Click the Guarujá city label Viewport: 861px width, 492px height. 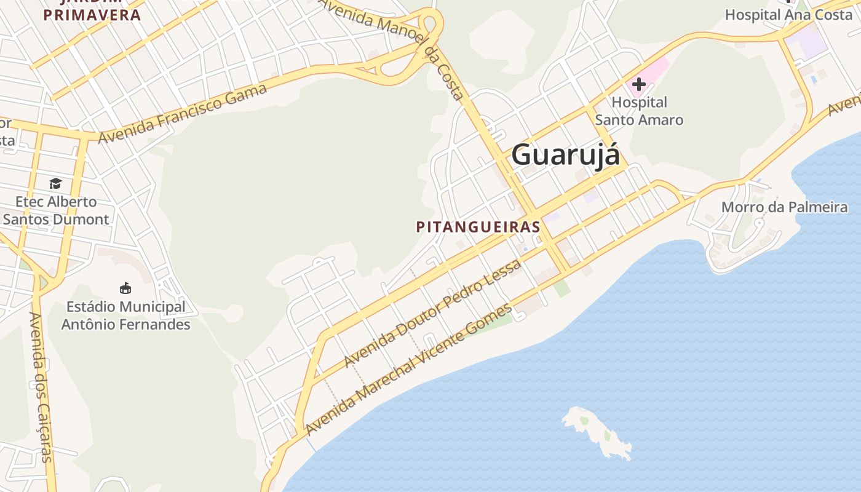565,154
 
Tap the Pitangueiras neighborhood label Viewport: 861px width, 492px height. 478,227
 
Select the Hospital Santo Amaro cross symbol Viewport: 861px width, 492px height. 638,84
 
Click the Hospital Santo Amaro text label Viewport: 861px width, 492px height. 639,111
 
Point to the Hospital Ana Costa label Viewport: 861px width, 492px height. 788,15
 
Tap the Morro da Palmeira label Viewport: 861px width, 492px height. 784,207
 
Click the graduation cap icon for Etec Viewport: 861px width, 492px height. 56,183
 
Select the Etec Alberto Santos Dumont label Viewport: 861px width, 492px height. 56,210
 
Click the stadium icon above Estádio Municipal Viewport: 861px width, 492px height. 125,288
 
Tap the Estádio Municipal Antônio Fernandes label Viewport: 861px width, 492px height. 125,315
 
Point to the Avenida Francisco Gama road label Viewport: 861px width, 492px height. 183,113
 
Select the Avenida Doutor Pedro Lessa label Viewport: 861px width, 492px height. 433,312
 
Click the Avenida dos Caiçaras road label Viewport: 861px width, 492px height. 42,387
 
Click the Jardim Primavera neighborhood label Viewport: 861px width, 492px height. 92,14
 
